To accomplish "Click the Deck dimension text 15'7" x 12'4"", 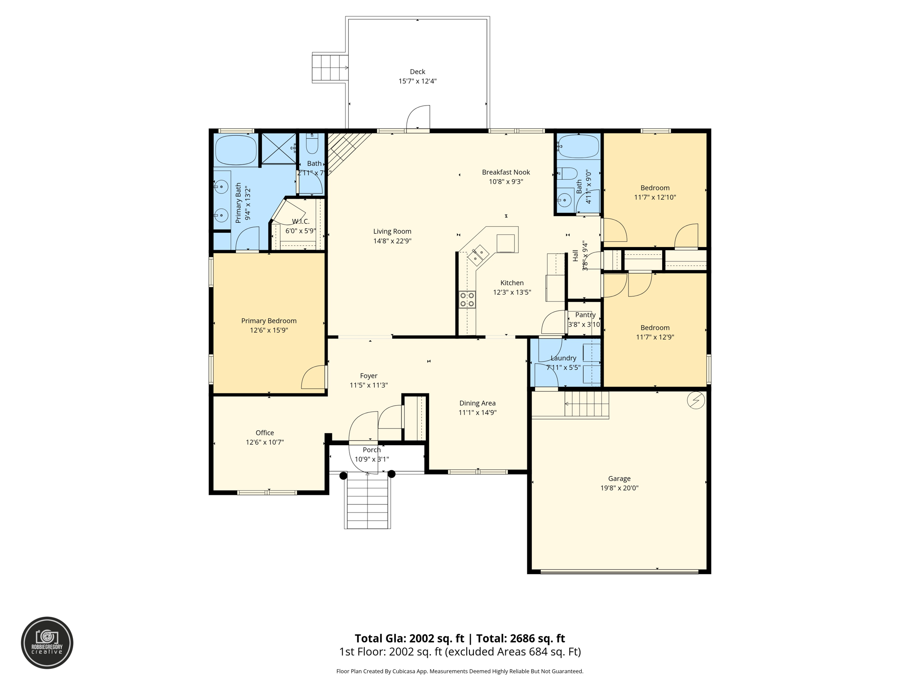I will (417, 81).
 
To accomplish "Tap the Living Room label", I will (392, 231).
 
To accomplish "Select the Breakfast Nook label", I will (506, 172).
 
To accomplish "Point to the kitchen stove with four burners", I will (467, 300).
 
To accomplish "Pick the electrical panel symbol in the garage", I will (696, 400).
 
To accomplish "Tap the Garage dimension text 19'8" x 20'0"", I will (619, 488).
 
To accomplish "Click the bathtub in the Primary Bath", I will (236, 150).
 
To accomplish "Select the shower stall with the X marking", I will (279, 149).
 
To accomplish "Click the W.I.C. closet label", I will (301, 221).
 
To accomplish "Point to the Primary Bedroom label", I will (269, 321).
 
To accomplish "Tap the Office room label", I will (265, 433).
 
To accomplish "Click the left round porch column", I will (343, 476).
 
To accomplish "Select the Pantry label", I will (585, 315).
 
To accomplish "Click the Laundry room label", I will (563, 358).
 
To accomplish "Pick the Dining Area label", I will (477, 403).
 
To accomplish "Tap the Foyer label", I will (368, 376).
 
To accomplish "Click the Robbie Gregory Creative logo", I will (47, 643).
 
